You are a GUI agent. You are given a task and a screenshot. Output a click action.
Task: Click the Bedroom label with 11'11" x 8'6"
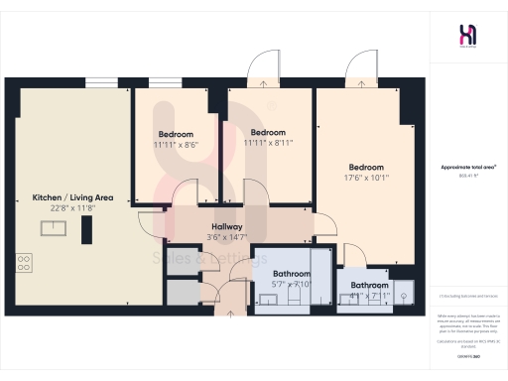click(176, 134)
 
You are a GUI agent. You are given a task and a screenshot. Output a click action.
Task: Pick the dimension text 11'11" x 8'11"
click(268, 142)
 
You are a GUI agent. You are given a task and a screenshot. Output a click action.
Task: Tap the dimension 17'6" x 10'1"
click(365, 179)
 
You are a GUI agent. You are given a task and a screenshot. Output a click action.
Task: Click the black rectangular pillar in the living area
click(86, 231)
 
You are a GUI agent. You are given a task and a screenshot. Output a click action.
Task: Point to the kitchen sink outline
click(51, 227)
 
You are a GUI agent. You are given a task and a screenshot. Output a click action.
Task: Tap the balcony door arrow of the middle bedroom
click(263, 83)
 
